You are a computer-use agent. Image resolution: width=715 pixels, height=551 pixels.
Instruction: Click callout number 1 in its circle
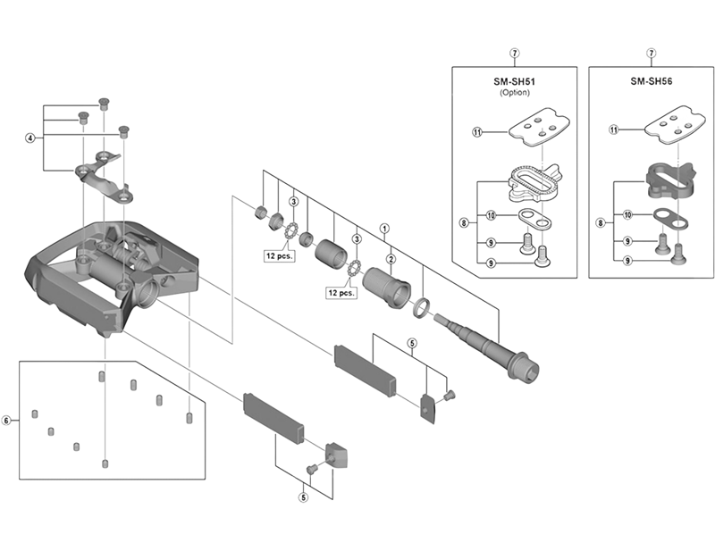[385, 228]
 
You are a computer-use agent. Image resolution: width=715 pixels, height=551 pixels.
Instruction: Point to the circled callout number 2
[391, 259]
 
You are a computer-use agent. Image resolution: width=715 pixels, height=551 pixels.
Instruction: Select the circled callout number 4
[30, 138]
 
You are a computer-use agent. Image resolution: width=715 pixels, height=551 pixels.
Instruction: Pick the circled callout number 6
[7, 420]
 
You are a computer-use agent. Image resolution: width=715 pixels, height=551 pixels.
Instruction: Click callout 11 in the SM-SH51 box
[476, 131]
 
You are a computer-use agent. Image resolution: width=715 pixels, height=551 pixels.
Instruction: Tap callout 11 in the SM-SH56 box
[613, 130]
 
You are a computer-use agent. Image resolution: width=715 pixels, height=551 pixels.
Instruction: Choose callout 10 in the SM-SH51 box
[491, 215]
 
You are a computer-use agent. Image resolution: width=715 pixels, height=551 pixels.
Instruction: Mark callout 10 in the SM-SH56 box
[627, 215]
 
